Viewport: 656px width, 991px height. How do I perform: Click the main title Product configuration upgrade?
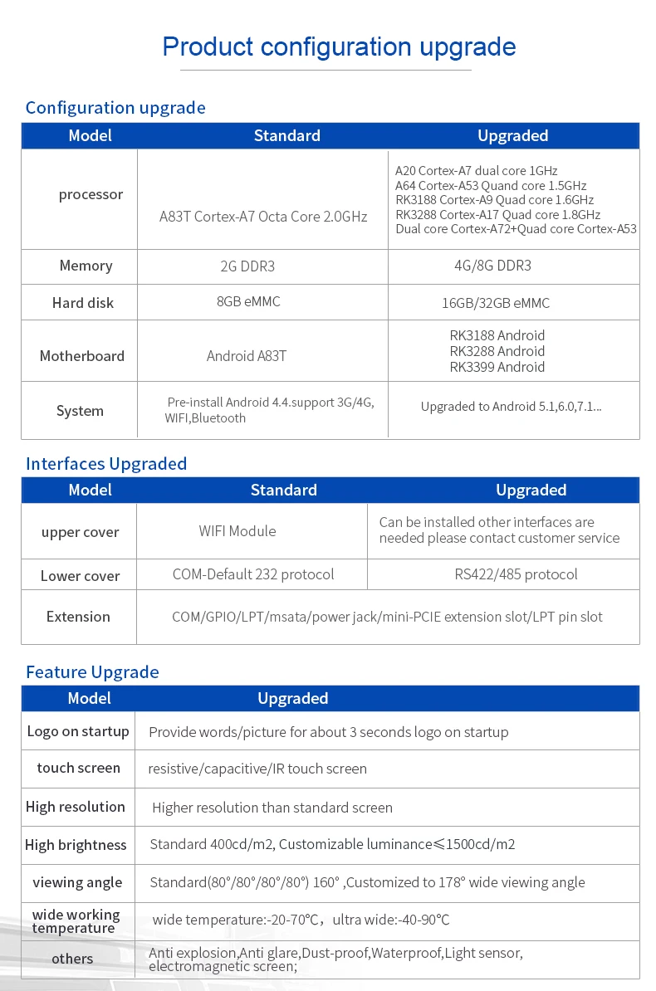pyautogui.click(x=339, y=46)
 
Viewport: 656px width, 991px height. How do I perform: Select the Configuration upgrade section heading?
pyautogui.click(x=115, y=108)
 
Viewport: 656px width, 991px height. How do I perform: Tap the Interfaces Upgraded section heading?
pyautogui.click(x=106, y=463)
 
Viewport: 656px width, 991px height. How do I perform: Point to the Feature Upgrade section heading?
pyautogui.click(x=92, y=671)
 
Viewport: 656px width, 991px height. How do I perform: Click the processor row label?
pyautogui.click(x=91, y=194)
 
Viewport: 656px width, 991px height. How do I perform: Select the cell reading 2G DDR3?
pyautogui.click(x=247, y=266)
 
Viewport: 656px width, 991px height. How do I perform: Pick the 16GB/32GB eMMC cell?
pyautogui.click(x=496, y=303)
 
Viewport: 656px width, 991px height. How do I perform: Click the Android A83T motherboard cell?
pyautogui.click(x=247, y=356)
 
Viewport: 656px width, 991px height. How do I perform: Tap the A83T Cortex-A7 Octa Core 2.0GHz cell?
pyautogui.click(x=263, y=217)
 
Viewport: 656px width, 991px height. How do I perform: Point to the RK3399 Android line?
pyautogui.click(x=497, y=367)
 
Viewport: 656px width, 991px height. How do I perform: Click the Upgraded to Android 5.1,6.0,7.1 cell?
pyautogui.click(x=511, y=407)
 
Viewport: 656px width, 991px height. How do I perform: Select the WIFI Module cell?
pyautogui.click(x=237, y=531)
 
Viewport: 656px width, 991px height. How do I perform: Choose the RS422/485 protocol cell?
pyautogui.click(x=516, y=574)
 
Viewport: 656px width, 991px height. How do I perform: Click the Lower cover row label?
pyautogui.click(x=80, y=576)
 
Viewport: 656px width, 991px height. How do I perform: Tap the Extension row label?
pyautogui.click(x=78, y=617)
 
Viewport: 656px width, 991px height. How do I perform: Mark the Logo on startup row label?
pyautogui.click(x=78, y=731)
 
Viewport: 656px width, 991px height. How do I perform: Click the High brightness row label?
pyautogui.click(x=76, y=845)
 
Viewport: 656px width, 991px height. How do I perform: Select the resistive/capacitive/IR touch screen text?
pyautogui.click(x=257, y=769)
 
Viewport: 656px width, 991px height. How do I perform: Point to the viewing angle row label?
pyautogui.click(x=77, y=882)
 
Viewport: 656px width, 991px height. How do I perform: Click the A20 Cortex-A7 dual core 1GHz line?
pyautogui.click(x=477, y=171)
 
